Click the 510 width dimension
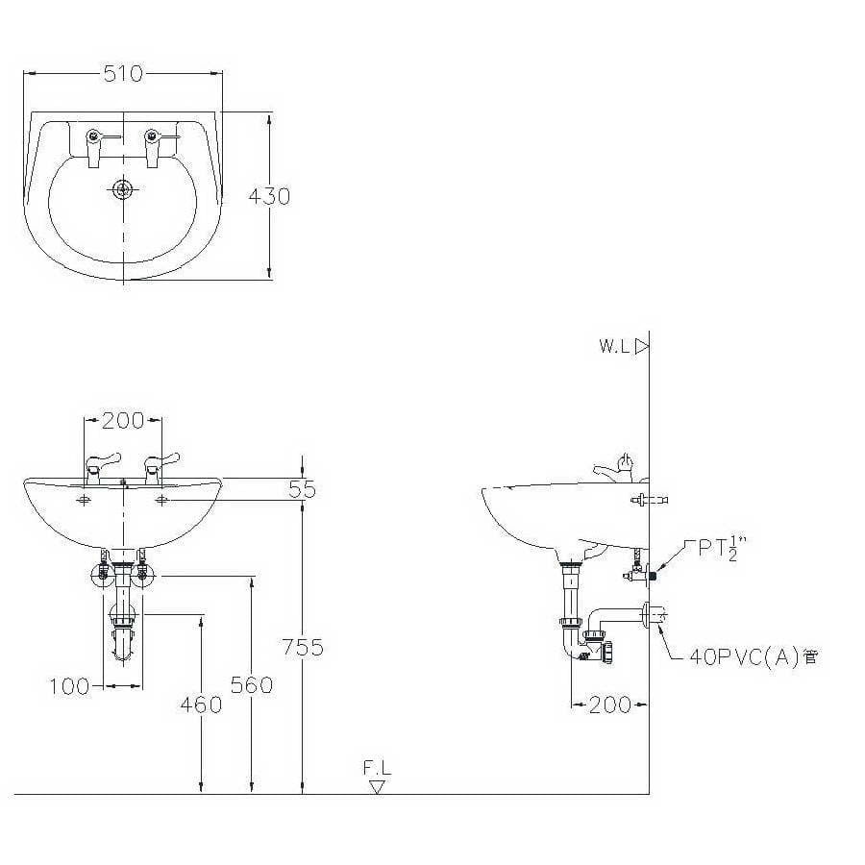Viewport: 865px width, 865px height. tap(123, 73)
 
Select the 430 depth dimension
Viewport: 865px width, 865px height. tap(269, 196)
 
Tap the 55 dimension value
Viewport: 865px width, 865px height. tap(303, 489)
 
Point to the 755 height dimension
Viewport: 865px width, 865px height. tap(303, 647)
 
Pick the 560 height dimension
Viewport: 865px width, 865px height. tap(252, 685)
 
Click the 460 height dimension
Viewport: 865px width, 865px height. tap(202, 704)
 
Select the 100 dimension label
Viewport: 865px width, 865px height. tap(69, 687)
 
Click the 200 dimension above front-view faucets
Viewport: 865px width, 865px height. tap(123, 421)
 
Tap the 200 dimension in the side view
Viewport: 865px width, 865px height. tap(609, 704)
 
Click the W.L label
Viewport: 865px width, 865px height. tap(614, 346)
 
